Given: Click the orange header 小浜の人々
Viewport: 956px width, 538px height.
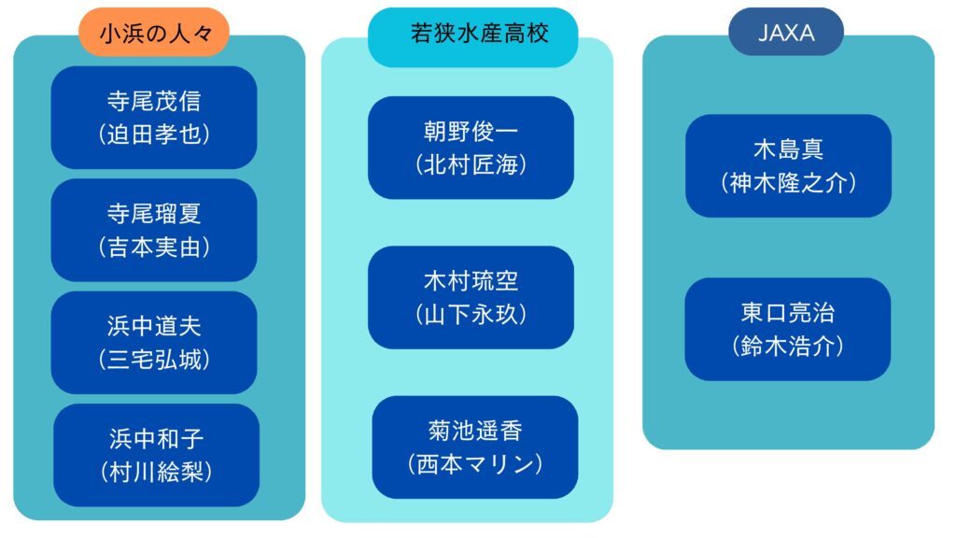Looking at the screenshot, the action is (x=154, y=33).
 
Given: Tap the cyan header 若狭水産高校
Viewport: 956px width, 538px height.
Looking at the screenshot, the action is (x=472, y=36).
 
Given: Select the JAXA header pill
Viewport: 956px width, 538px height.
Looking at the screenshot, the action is (x=786, y=32).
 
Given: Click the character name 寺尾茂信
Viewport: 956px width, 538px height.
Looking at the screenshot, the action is (x=154, y=101).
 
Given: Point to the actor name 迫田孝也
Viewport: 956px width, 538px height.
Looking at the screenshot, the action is (x=154, y=134).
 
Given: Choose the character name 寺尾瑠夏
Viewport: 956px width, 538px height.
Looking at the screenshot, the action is (x=154, y=214).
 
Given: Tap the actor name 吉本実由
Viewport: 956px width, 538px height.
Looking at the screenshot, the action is (x=154, y=247).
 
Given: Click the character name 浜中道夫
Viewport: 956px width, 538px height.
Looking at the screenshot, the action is (x=154, y=326).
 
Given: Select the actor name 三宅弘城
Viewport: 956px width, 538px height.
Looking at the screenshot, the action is (x=154, y=360).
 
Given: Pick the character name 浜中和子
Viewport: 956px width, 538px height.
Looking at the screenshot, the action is (x=156, y=439).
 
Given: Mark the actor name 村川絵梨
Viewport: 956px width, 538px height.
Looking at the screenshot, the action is (x=156, y=472).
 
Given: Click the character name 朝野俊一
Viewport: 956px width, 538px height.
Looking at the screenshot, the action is (x=471, y=131).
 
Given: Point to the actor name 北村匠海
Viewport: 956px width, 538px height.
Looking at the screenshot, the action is (x=471, y=164).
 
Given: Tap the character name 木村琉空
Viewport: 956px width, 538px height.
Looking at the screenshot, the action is (x=471, y=281).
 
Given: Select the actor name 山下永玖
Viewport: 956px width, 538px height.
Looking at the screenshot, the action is (x=471, y=314).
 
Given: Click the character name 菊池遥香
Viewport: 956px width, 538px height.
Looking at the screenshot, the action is (x=475, y=432).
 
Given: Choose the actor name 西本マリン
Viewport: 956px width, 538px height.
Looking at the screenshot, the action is (x=475, y=464).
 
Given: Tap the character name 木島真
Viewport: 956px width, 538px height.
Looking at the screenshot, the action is (x=788, y=149).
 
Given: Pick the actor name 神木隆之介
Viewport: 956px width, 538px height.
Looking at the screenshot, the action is (x=788, y=182).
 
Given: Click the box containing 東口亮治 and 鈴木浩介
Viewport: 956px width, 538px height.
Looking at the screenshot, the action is (x=788, y=330).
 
